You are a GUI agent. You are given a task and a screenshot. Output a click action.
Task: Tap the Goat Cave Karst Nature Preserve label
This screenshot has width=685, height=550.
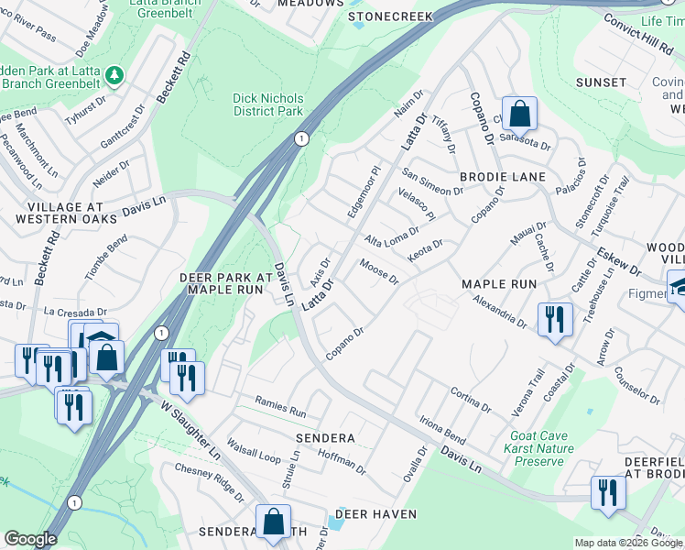(538, 448)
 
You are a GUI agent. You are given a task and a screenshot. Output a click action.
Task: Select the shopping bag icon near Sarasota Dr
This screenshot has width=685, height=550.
(518, 115)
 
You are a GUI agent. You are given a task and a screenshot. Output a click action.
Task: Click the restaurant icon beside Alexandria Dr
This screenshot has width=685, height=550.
(555, 320)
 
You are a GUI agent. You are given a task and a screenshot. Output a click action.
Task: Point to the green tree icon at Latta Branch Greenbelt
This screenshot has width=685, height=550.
(114, 73)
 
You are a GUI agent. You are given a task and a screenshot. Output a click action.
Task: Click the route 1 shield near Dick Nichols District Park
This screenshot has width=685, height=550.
(300, 138)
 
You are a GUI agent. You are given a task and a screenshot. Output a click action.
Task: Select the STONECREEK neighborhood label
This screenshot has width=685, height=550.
(387, 17)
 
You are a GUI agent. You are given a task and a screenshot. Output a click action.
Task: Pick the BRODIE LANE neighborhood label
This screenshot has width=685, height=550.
(503, 176)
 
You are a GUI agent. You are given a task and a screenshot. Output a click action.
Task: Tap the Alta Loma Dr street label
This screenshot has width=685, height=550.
(391, 240)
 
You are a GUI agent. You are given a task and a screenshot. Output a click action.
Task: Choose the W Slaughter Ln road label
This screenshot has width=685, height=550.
(191, 429)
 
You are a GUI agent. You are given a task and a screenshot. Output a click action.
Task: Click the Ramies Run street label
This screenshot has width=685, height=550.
(280, 412)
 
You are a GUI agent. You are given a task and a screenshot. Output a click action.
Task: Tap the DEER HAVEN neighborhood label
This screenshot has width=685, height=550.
(375, 514)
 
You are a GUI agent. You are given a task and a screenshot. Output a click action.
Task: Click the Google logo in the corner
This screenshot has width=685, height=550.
(30, 539)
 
